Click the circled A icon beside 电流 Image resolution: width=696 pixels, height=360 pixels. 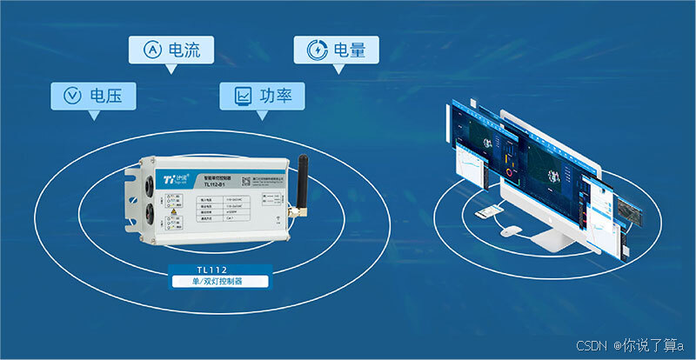(149, 50)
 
